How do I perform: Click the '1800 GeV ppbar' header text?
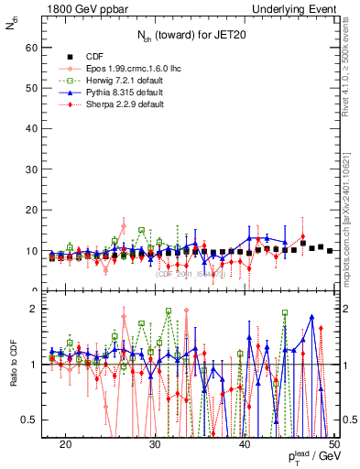pyautogui.click(x=76, y=8)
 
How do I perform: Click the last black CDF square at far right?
pyautogui.click(x=329, y=250)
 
